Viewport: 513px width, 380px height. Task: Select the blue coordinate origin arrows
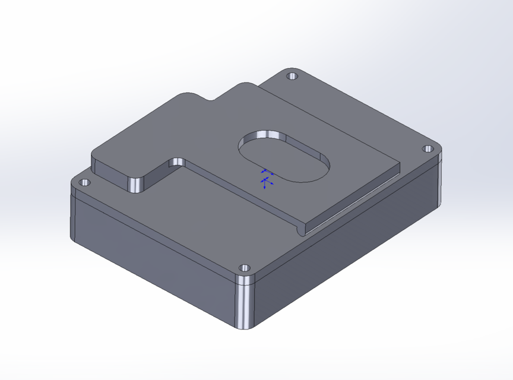point(266,178)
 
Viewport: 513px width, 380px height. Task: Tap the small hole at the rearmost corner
point(292,76)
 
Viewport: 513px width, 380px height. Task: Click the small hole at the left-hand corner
point(84,182)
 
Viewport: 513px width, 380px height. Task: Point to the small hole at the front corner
point(242,268)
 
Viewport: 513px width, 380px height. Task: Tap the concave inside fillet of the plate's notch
point(176,162)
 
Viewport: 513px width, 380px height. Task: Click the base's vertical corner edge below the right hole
point(441,184)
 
